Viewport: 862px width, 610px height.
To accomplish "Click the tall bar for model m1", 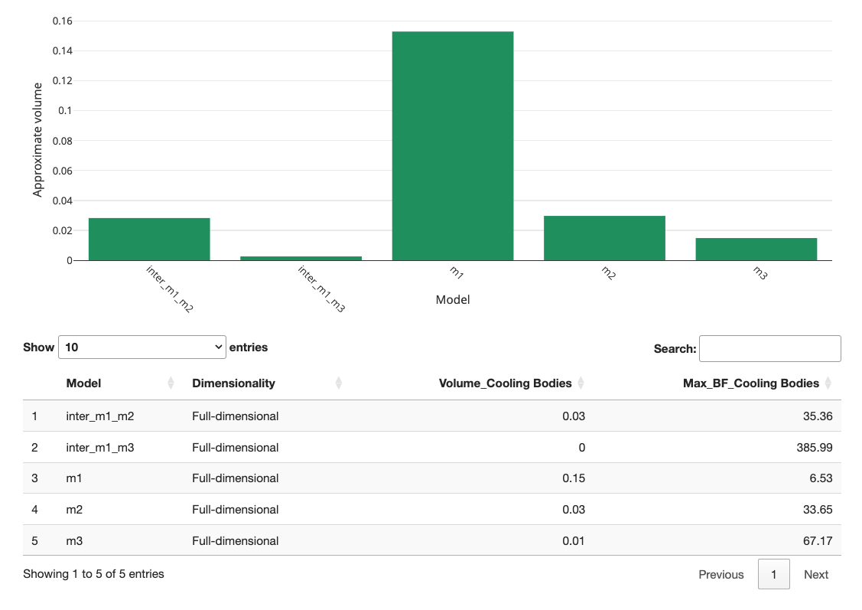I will click(x=452, y=145).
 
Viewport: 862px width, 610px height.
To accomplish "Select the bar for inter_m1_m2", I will click(x=149, y=239).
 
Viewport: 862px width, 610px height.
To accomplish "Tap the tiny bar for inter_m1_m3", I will click(x=301, y=258).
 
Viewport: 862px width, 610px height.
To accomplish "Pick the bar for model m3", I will click(x=756, y=249).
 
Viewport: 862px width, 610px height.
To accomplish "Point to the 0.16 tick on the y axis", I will click(x=62, y=21).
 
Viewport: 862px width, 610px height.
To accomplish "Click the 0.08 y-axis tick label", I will click(x=62, y=141).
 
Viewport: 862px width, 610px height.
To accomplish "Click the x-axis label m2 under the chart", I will click(x=608, y=273).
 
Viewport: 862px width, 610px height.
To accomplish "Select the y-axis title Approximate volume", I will click(x=37, y=139).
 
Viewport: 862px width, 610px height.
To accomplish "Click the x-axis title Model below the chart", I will click(x=453, y=300).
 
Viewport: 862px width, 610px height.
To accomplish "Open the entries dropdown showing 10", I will click(x=141, y=347).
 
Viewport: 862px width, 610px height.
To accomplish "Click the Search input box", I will click(x=769, y=348).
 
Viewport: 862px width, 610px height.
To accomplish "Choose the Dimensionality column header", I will click(x=233, y=383).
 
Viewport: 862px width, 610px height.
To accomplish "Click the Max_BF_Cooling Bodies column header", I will click(x=750, y=383).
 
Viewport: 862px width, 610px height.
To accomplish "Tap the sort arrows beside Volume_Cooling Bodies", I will click(x=581, y=383).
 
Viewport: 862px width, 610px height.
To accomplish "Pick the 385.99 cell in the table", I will click(x=815, y=448).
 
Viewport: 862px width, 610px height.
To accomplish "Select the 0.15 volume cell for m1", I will click(x=573, y=478).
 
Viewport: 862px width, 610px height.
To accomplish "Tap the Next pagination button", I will click(x=815, y=575).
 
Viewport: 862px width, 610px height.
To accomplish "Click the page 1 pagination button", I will click(x=774, y=575).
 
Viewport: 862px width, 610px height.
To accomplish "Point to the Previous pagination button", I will click(x=721, y=575).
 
